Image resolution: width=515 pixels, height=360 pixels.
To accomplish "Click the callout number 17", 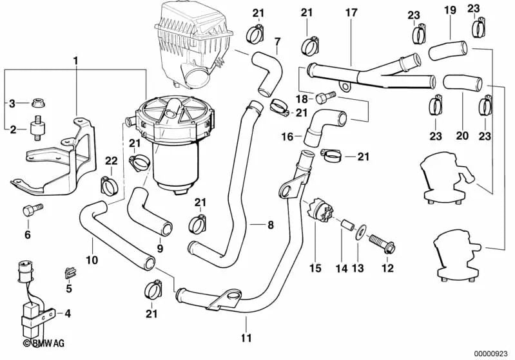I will pyautogui.click(x=350, y=13).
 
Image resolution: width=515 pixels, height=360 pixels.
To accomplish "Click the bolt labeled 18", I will pyautogui.click(x=325, y=97).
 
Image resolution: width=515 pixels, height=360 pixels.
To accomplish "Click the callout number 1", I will pyautogui.click(x=75, y=61).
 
